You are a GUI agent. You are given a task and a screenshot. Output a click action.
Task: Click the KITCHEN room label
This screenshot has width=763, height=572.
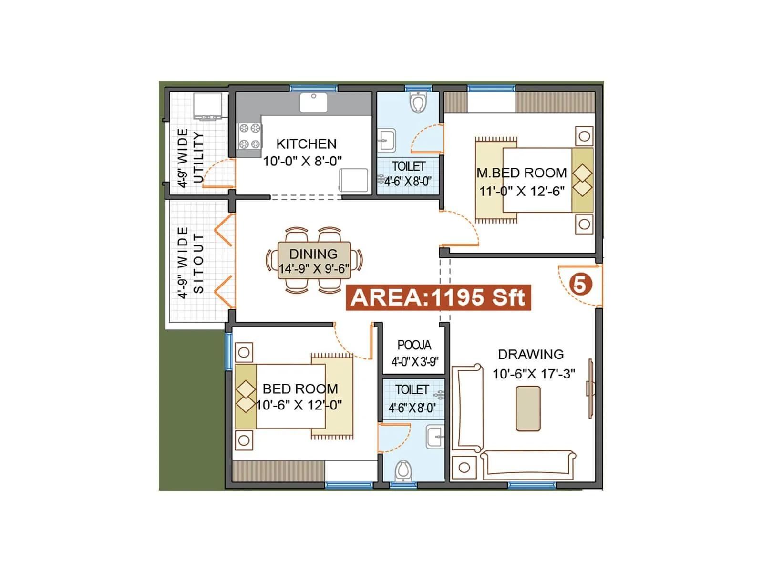pos(306,144)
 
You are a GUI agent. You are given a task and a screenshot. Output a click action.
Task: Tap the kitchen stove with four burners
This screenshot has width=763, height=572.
pos(250,136)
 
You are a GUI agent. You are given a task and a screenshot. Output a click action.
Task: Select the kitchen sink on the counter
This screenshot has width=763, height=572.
pos(313,102)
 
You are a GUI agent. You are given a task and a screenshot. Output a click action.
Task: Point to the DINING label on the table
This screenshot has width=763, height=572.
pos(313,254)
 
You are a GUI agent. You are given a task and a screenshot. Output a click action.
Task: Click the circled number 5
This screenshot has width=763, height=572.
pos(580,285)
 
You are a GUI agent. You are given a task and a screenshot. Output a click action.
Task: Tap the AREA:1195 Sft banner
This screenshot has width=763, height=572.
pos(438,298)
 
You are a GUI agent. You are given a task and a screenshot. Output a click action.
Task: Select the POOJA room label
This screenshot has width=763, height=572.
pos(414,345)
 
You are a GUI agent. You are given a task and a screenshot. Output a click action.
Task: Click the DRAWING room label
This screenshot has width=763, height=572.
pos(531,354)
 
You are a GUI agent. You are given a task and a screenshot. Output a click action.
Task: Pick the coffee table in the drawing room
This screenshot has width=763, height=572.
pos(528,409)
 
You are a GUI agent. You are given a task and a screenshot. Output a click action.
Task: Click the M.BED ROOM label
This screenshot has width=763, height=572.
pos(522,173)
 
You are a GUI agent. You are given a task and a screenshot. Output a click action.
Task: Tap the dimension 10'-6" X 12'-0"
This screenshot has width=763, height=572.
pos(299,406)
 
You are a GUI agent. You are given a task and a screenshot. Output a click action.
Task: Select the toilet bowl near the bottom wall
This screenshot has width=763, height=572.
pos(403,470)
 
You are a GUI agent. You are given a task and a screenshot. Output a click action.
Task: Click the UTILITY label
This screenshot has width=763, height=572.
pos(198,158)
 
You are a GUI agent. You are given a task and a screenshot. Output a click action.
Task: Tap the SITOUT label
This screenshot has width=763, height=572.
pos(198,263)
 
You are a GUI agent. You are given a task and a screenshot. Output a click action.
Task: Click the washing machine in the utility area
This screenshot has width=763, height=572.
pos(207,106)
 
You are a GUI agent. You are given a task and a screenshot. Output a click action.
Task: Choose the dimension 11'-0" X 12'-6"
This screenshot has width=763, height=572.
pos(522,192)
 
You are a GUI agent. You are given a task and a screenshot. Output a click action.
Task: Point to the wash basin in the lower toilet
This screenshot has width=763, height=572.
pos(435,436)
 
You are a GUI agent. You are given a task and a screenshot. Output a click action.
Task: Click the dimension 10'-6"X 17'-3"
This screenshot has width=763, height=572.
pos(534,374)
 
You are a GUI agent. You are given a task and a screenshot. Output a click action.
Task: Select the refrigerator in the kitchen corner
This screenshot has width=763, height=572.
pos(353,181)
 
